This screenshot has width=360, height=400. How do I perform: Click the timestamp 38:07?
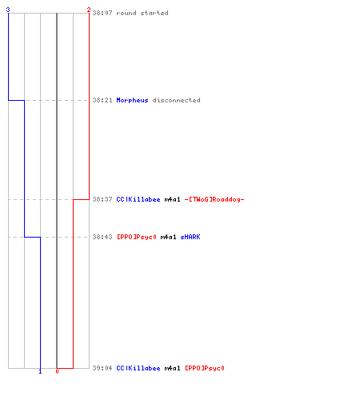coord(102,13)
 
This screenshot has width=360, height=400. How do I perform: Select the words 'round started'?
coord(142,13)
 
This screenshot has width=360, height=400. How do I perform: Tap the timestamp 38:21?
coord(102,100)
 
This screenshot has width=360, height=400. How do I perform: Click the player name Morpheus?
coord(132,100)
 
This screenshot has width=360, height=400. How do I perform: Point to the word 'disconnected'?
coord(176,100)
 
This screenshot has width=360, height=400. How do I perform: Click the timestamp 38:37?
coord(102,199)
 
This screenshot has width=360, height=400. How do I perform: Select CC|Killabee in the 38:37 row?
coord(138,199)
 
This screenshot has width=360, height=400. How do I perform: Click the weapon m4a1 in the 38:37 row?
coord(172,199)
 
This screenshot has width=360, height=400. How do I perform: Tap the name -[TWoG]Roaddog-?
coord(214,199)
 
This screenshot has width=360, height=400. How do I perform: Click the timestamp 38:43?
coord(102,237)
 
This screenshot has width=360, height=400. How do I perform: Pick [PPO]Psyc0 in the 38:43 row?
coord(137,237)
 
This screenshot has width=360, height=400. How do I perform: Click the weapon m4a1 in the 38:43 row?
coord(168,237)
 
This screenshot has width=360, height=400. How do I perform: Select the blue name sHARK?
coord(190,237)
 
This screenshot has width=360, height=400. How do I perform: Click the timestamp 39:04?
coord(102,368)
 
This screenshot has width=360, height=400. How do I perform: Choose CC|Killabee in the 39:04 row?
coord(138,368)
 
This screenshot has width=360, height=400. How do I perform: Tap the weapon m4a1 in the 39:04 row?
coord(172,368)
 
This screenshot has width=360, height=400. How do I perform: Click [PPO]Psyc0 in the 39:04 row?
coord(205,368)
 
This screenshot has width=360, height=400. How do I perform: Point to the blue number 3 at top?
coord(8,10)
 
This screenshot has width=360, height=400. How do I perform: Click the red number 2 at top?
coord(89,10)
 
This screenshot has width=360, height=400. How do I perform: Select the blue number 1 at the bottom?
coord(40,371)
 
